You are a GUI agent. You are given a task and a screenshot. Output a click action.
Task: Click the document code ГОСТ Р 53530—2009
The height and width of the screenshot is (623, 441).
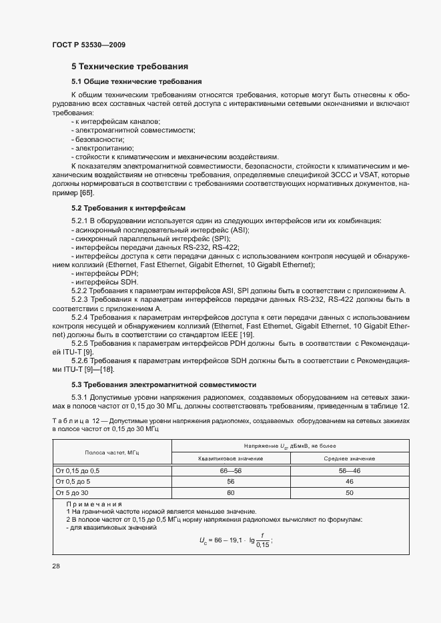[88, 45]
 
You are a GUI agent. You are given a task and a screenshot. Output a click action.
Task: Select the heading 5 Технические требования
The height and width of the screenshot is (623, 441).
[129, 67]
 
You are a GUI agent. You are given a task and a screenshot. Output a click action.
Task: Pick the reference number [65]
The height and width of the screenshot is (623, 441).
[86, 193]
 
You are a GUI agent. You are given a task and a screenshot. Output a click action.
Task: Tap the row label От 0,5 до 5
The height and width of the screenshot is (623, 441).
[72, 480]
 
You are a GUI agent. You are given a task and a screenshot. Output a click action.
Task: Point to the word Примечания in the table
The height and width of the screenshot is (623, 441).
[88, 504]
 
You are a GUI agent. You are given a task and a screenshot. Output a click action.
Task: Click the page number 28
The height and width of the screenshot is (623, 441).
[56, 566]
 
